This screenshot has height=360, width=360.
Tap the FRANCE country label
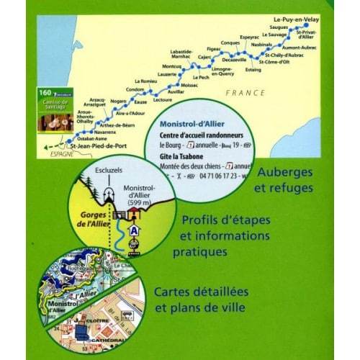(x=246, y=93)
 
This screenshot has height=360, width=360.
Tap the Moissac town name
(x=170, y=85)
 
